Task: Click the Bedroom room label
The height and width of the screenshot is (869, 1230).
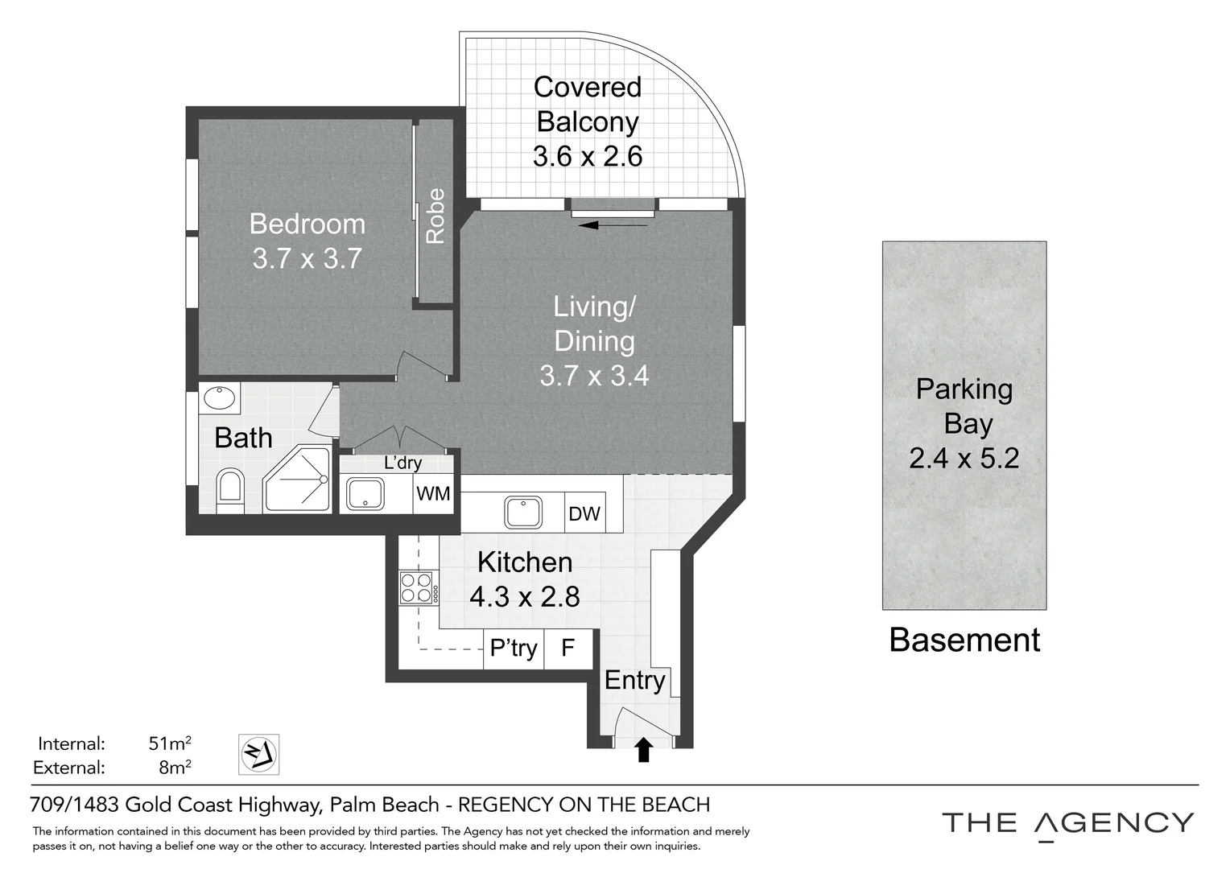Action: [307, 224]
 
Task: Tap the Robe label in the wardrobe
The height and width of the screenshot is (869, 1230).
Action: [436, 216]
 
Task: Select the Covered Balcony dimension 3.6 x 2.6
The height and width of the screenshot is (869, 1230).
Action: [587, 156]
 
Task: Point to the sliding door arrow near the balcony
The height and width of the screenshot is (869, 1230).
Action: [613, 224]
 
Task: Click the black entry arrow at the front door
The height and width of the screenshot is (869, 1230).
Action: [643, 750]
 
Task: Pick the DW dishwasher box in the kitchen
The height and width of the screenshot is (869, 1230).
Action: [584, 513]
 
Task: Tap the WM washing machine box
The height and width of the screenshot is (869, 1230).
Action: [433, 493]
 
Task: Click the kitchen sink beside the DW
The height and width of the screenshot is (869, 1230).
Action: [523, 512]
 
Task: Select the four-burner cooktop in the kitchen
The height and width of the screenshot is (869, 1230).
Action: [419, 588]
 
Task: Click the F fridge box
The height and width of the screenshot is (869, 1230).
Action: [568, 649]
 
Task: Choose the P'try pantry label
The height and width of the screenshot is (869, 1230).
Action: [513, 649]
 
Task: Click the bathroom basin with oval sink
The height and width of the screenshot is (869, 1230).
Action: [219, 398]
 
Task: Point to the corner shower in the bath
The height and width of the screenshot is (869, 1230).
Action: [297, 480]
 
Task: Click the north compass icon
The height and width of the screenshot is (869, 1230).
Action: [258, 754]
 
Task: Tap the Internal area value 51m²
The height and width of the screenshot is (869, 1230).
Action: [170, 743]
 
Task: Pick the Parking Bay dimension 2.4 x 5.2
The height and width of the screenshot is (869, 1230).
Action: [964, 458]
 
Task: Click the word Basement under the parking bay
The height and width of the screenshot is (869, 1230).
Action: [964, 640]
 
